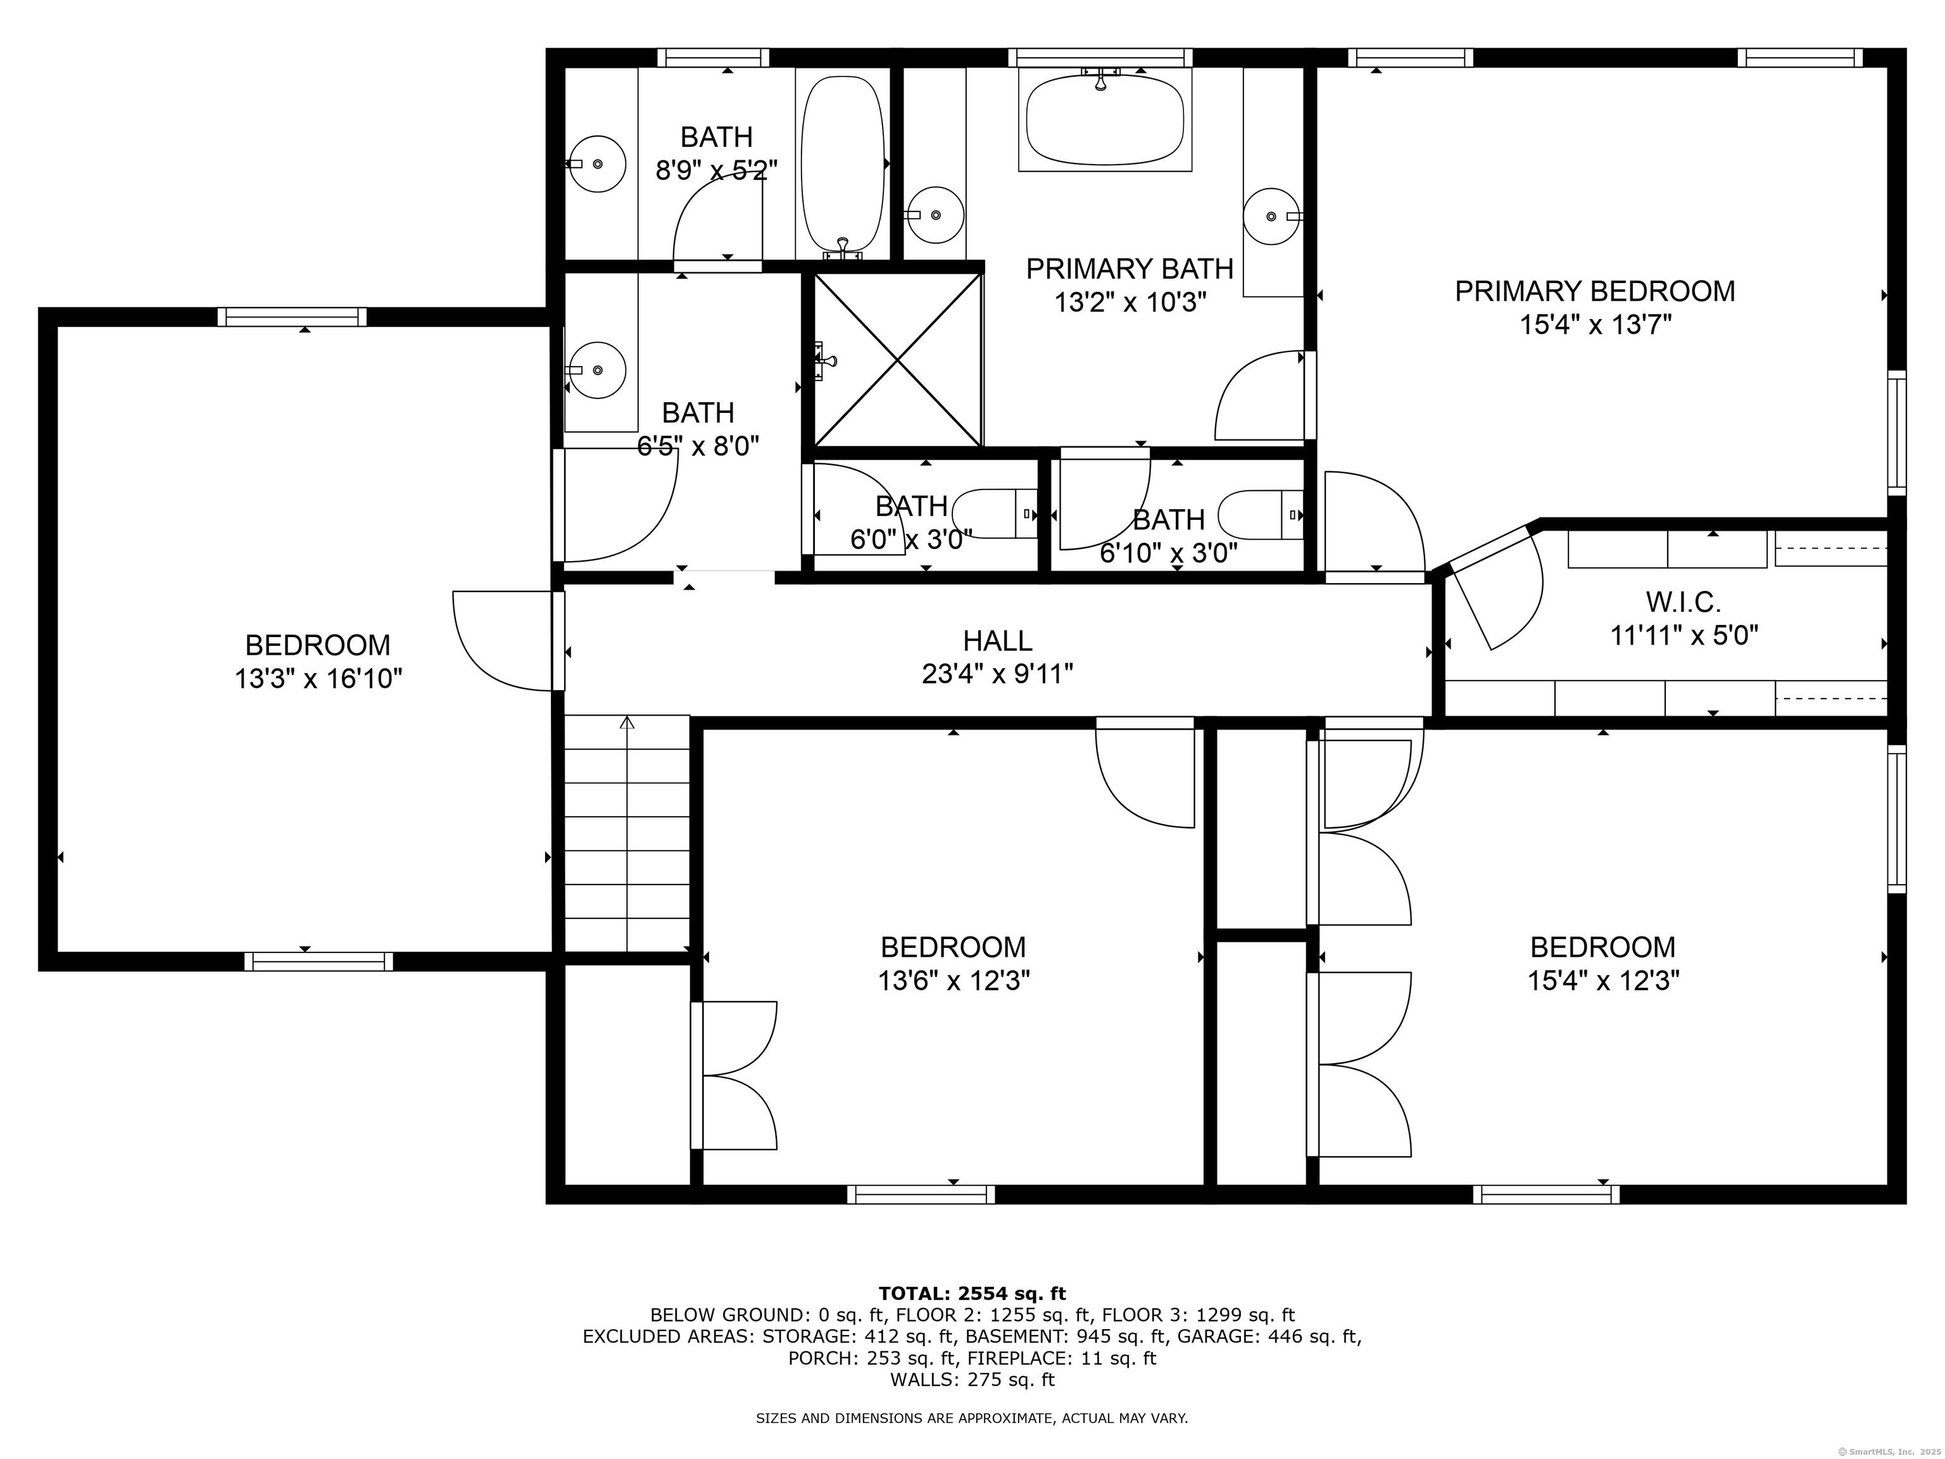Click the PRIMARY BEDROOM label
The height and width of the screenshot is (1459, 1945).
[x=1594, y=291]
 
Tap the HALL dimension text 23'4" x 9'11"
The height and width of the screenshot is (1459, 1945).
[x=997, y=674]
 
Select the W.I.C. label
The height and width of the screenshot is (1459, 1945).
[x=1683, y=602]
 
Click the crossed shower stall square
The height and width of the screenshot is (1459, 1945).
[x=897, y=359]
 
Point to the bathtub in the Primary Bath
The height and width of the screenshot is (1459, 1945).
[x=1104, y=120]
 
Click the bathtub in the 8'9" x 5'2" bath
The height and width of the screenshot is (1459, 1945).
[x=842, y=165]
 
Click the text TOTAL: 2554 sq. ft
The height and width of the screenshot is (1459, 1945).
[x=972, y=1294]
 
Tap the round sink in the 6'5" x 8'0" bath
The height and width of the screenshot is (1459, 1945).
[x=597, y=370]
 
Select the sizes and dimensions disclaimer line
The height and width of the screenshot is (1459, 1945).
[x=972, y=1418]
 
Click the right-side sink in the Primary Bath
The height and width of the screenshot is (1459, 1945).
[x=1271, y=215]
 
